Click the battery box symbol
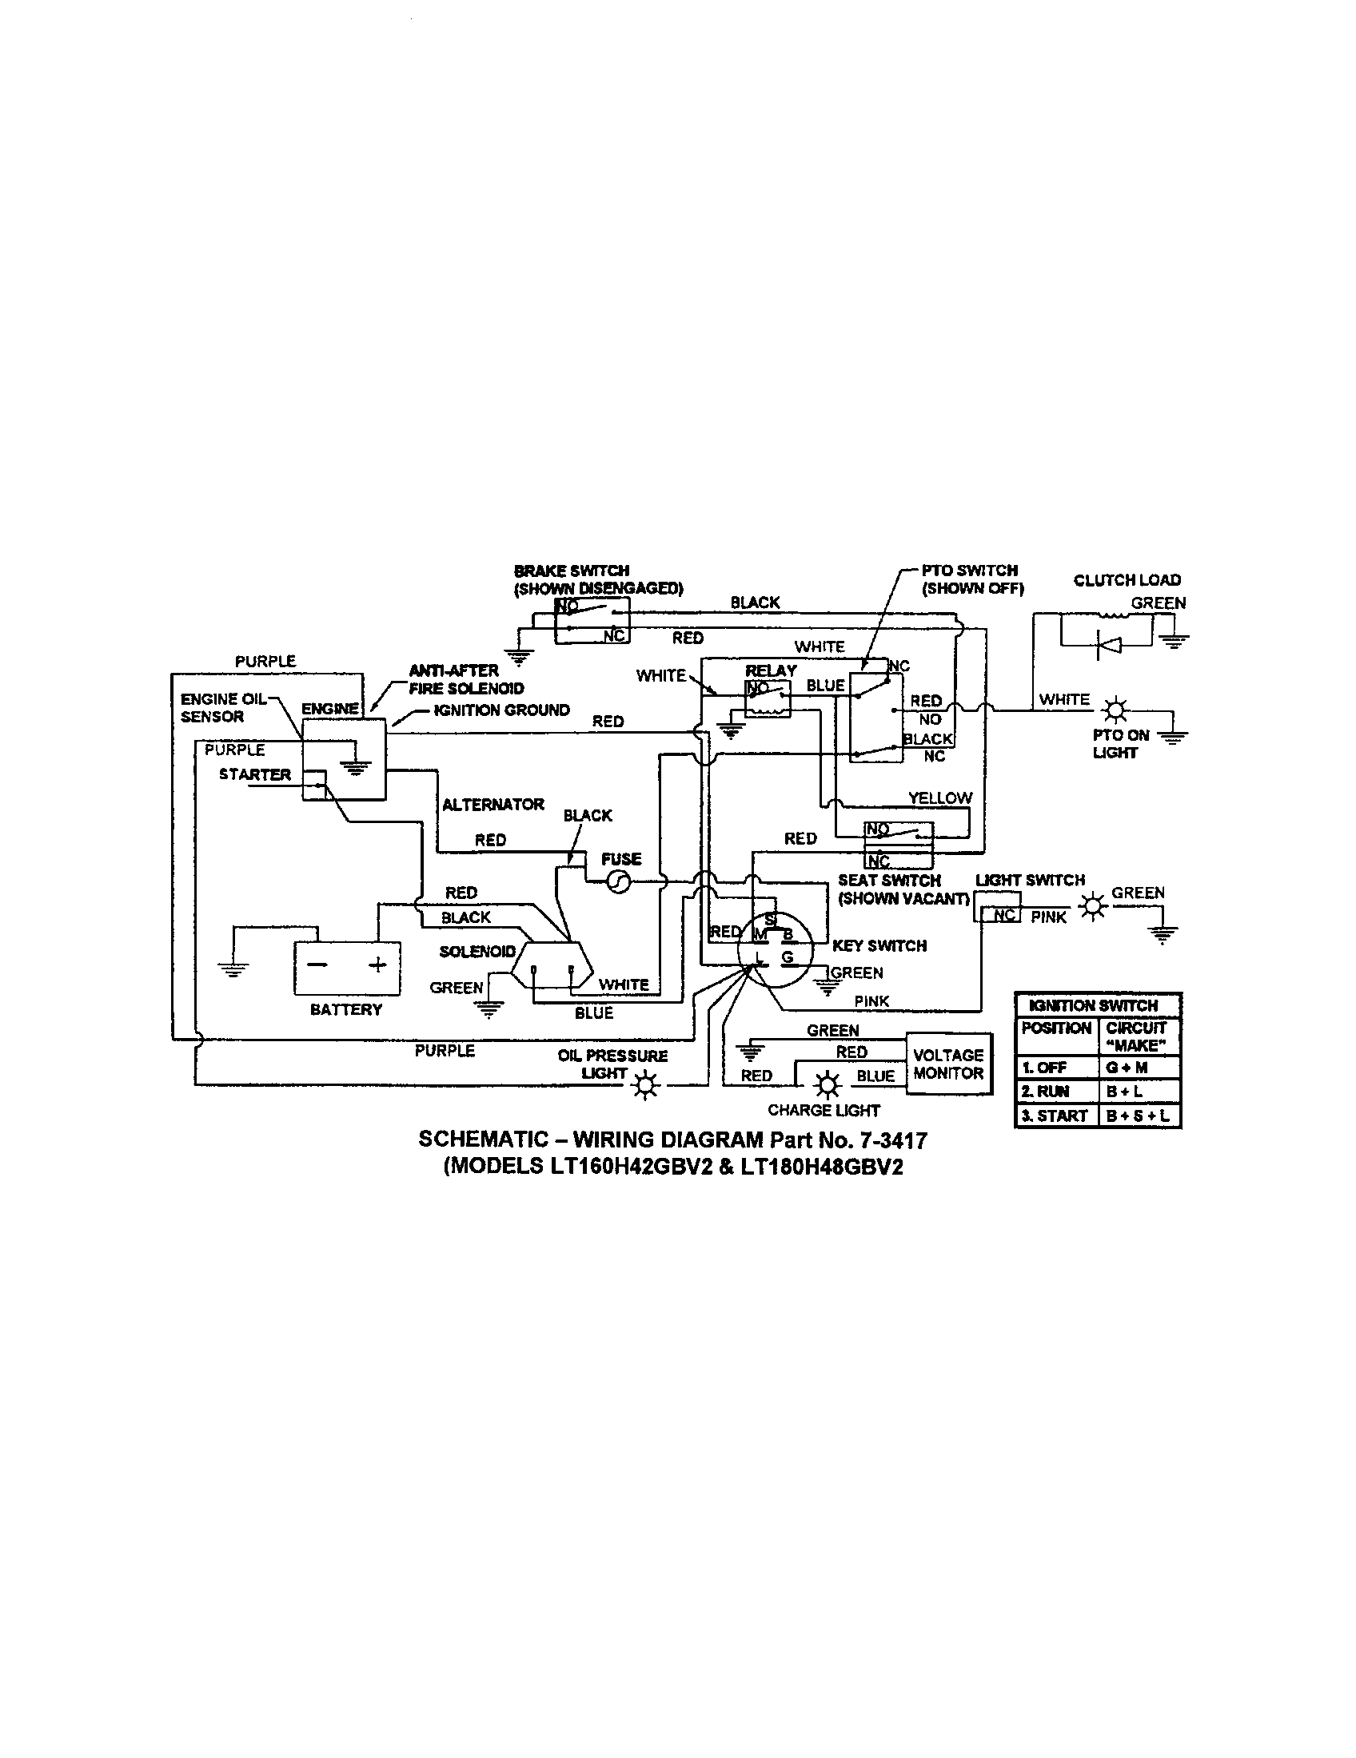346,968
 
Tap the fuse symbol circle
618,883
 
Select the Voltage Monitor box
948,1064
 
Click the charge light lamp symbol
826,1085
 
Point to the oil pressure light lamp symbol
646,1087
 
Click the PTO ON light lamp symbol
1115,710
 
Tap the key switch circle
776,952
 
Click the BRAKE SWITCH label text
572,571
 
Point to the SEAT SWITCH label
889,881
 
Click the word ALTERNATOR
493,804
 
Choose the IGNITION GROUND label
501,710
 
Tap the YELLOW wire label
939,797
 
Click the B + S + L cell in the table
1138,1116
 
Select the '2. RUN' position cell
1046,1092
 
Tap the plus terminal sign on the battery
377,965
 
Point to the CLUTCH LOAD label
1127,580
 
